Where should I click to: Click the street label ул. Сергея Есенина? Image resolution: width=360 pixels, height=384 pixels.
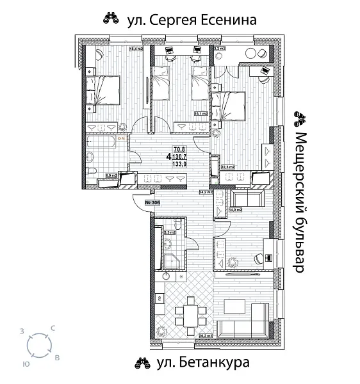tap(193, 20)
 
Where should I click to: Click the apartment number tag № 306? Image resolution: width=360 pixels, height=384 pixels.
tap(152, 203)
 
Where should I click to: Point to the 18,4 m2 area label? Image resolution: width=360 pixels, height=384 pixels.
tap(136, 49)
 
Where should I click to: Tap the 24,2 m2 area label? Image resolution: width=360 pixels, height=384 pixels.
tap(206, 191)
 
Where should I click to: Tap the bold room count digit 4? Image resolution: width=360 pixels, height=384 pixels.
tap(168, 156)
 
